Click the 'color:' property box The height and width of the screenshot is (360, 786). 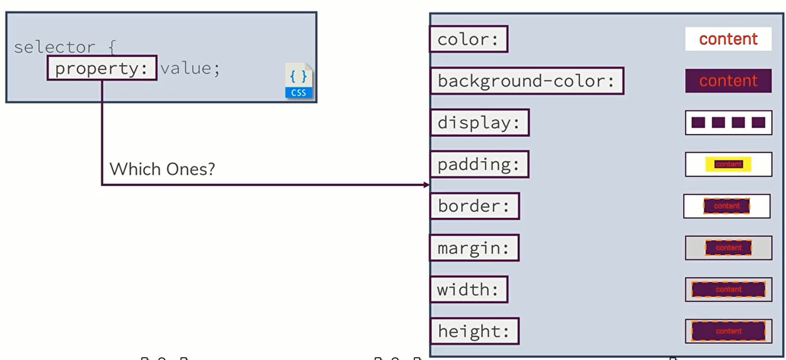pyautogui.click(x=468, y=39)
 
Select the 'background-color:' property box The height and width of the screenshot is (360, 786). pyautogui.click(x=527, y=81)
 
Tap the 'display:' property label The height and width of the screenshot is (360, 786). pyautogui.click(x=480, y=123)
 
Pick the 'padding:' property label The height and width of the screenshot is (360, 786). pyautogui.click(x=479, y=164)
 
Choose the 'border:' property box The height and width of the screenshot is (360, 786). pyautogui.click(x=475, y=206)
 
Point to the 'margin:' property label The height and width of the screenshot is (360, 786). pyautogui.click(x=474, y=248)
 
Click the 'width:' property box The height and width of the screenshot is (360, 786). pyautogui.click(x=468, y=289)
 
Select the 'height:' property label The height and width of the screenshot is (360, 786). pyautogui.click(x=474, y=331)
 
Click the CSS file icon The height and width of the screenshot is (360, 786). pyautogui.click(x=299, y=81)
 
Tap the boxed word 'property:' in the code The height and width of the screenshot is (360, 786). pyautogui.click(x=102, y=68)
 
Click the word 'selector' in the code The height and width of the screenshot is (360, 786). pyautogui.click(x=55, y=47)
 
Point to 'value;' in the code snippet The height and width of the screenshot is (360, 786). pyautogui.click(x=190, y=68)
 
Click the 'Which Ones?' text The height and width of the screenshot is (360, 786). pyautogui.click(x=162, y=169)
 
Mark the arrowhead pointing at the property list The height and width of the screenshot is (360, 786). pyautogui.click(x=426, y=185)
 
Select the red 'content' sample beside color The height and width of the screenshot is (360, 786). pyautogui.click(x=728, y=39)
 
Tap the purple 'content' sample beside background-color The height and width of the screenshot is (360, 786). pyautogui.click(x=728, y=81)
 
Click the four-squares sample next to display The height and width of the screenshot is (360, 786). pyautogui.click(x=728, y=123)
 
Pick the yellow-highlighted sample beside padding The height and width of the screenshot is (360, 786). pyautogui.click(x=728, y=164)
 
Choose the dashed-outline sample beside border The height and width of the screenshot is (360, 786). pyautogui.click(x=727, y=206)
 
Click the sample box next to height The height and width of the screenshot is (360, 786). pyautogui.click(x=728, y=331)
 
